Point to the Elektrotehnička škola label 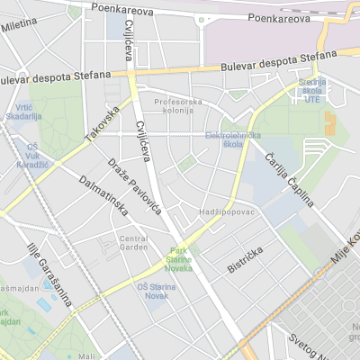coord(232,139)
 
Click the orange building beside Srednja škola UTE coord(328,123)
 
